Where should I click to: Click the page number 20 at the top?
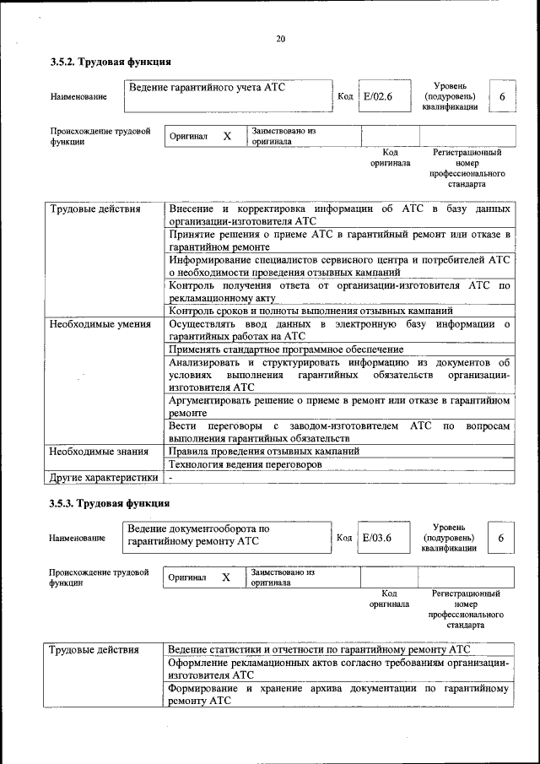click(x=280, y=39)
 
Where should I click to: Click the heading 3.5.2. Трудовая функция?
click(x=111, y=62)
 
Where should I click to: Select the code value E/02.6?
click(x=377, y=96)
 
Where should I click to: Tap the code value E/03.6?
click(x=377, y=538)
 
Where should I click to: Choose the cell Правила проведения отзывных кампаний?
click(x=264, y=451)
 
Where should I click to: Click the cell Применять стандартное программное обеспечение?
click(x=286, y=349)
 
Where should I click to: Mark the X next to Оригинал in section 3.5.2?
click(x=226, y=136)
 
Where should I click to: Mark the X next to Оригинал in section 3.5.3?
click(x=225, y=577)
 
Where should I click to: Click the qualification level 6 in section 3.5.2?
click(x=502, y=97)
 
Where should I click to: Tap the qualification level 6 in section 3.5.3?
click(x=501, y=539)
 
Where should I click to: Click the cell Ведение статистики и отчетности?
click(x=318, y=649)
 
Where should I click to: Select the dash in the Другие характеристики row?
click(x=170, y=478)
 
